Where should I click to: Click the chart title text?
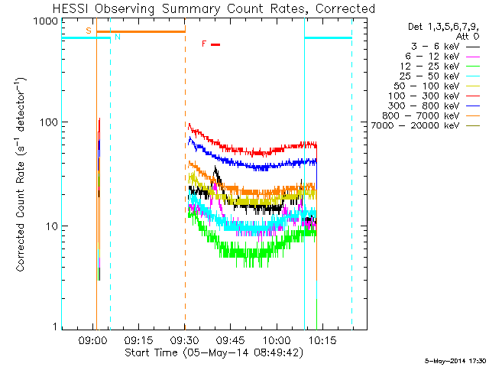pos(214,8)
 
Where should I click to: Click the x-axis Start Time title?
pos(214,352)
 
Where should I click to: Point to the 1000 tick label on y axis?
pos(46,21)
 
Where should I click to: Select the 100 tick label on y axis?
pos(49,122)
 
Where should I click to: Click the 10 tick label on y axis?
pos(52,226)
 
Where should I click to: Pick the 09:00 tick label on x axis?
pos(92,339)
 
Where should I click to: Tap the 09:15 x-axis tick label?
pos(138,339)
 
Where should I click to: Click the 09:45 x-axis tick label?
pos(231,339)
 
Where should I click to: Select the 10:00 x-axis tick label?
pos(277,339)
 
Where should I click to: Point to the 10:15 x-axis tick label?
pos(322,339)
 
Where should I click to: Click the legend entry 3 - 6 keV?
pos(445,47)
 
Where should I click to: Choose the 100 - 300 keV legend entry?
pos(434,96)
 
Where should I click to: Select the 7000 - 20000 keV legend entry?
pos(426,125)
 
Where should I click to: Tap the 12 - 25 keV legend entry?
pos(440,67)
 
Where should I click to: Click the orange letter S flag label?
pos(89,31)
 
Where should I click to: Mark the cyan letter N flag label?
pos(118,37)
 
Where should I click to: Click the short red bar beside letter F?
pos(215,44)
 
